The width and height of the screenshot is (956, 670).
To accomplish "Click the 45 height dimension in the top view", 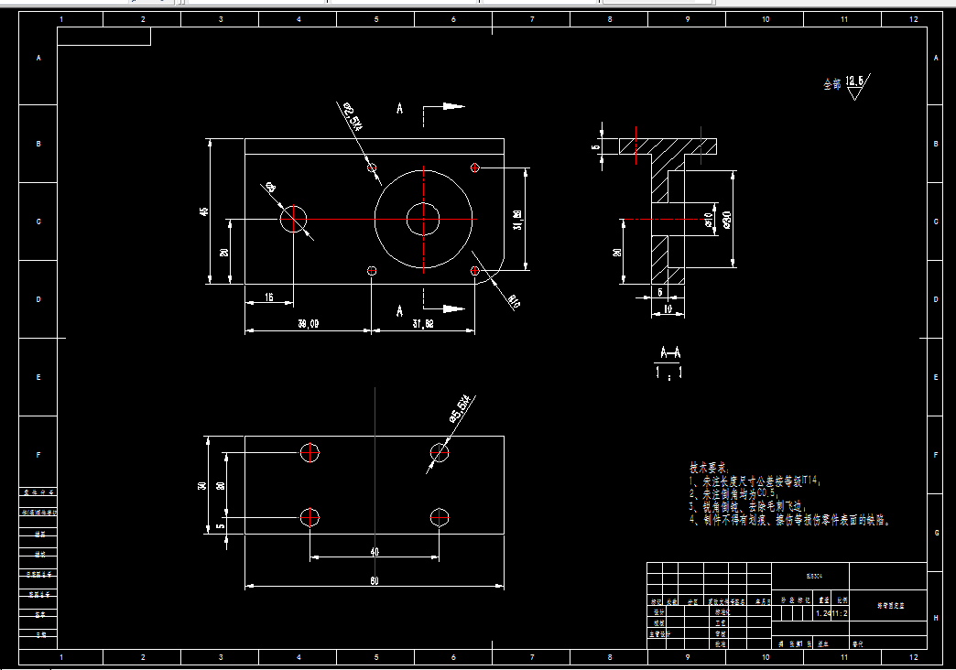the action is (203, 211).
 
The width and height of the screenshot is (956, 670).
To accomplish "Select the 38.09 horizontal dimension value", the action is (309, 323).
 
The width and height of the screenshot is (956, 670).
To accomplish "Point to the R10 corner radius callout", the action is (513, 301).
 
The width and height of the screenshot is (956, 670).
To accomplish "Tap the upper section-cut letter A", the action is (400, 109).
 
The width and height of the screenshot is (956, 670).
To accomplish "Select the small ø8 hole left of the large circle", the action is (294, 219).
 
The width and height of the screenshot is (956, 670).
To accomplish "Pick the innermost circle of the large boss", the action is (423, 219).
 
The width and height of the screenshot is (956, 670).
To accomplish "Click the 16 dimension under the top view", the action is (268, 297).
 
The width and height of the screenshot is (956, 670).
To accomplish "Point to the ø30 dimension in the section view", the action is (726, 220).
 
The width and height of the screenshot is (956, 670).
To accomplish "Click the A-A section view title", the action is (670, 353).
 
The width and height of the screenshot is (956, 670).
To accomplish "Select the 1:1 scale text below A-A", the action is (670, 373).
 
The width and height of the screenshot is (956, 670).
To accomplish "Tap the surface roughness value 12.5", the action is (854, 81).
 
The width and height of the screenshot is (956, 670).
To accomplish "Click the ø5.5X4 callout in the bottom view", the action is (460, 408).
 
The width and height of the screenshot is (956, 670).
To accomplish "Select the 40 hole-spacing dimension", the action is (375, 552).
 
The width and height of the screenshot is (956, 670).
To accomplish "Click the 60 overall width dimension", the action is (375, 581).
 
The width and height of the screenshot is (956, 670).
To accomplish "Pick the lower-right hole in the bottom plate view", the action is (440, 517).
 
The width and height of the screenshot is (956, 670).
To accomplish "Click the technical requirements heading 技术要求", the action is (711, 467).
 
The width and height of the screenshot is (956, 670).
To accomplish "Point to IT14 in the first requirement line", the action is (811, 480).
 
